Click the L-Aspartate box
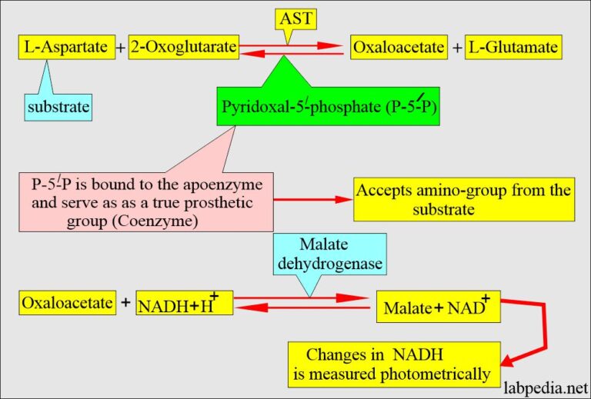coord(65,48)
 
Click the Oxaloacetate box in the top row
coord(399,48)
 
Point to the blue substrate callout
coord(59,108)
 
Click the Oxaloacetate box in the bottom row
coord(65,303)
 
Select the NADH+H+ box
coord(184,304)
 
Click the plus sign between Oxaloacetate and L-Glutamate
coord(458,48)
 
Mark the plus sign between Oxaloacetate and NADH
coord(125,303)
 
